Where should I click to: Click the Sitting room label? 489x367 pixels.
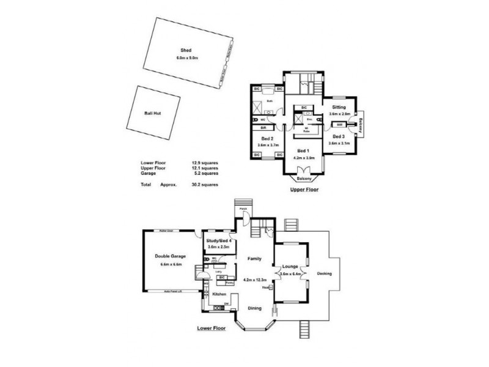pyautogui.click(x=339, y=106)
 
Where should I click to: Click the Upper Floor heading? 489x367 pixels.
pyautogui.click(x=304, y=190)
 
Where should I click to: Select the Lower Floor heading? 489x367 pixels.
pyautogui.click(x=211, y=328)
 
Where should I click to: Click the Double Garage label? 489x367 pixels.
pyautogui.click(x=171, y=256)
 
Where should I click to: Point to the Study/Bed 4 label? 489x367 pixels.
pyautogui.click(x=218, y=241)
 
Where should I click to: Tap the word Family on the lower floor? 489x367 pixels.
pyautogui.click(x=254, y=259)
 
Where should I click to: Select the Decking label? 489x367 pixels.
pyautogui.click(x=325, y=273)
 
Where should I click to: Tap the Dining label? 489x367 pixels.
pyautogui.click(x=254, y=308)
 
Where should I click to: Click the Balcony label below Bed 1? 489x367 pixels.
pyautogui.click(x=304, y=179)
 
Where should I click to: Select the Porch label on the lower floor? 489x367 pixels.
pyautogui.click(x=243, y=209)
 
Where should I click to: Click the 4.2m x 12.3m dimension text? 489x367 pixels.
pyautogui.click(x=254, y=280)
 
